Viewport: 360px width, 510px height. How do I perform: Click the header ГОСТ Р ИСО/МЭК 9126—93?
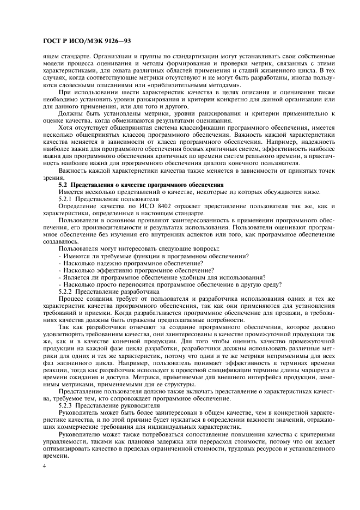[86, 41]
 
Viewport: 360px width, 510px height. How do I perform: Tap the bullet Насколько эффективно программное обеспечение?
[136, 270]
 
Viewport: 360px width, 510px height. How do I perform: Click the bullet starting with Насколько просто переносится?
[169, 284]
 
